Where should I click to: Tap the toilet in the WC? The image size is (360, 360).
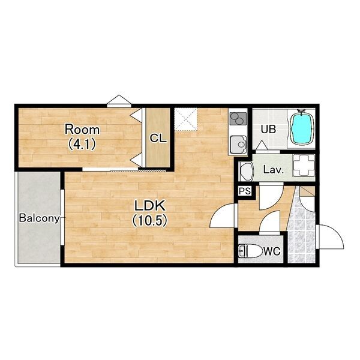[250, 251]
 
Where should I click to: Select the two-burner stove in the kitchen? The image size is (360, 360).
[238, 119]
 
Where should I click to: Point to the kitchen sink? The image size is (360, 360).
[238, 145]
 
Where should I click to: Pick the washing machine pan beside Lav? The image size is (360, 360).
[304, 166]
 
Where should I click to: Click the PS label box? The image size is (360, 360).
[245, 191]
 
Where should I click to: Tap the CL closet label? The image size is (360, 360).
[158, 139]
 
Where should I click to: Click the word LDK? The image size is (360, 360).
[149, 206]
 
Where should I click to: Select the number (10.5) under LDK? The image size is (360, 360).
[149, 221]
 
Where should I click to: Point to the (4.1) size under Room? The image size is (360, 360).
[82, 145]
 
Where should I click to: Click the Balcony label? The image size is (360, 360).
[40, 218]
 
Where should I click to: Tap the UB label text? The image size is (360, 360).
[268, 130]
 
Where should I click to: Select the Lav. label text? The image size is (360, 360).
[274, 170]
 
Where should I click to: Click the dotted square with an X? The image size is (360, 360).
[186, 119]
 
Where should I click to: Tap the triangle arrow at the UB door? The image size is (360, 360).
[261, 145]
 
